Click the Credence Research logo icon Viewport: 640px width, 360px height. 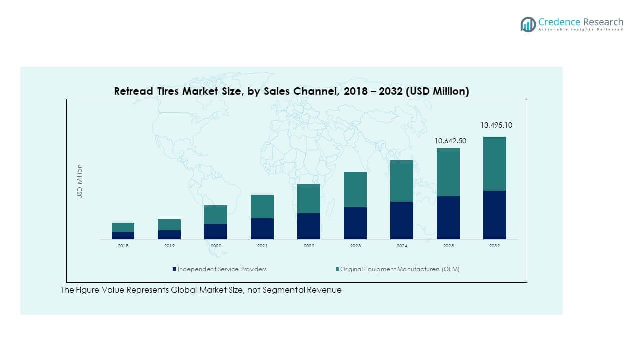tap(528, 24)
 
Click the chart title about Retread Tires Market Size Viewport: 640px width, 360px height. tap(291, 91)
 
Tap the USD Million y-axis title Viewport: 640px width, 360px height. tap(79, 181)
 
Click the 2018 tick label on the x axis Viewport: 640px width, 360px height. tap(123, 246)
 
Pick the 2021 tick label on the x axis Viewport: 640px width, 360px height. tap(262, 246)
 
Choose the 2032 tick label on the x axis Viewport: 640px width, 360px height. tap(494, 246)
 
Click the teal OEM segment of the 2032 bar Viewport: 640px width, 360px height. tap(494, 164)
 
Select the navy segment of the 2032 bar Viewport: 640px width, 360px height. tap(494, 215)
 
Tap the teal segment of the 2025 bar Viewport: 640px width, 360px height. tap(448, 172)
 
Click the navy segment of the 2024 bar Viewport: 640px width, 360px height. tap(402, 220)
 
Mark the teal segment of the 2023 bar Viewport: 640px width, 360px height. tap(355, 189)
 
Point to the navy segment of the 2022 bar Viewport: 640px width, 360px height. tap(309, 226)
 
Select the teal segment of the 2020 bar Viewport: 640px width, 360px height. tap(216, 214)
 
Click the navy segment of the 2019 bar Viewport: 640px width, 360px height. tap(169, 235)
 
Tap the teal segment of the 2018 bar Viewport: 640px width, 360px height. tap(123, 227)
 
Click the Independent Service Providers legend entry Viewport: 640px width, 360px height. tap(220, 269)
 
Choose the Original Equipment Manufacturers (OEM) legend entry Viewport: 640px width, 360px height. tap(397, 269)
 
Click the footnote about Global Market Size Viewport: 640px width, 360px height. tap(201, 290)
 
